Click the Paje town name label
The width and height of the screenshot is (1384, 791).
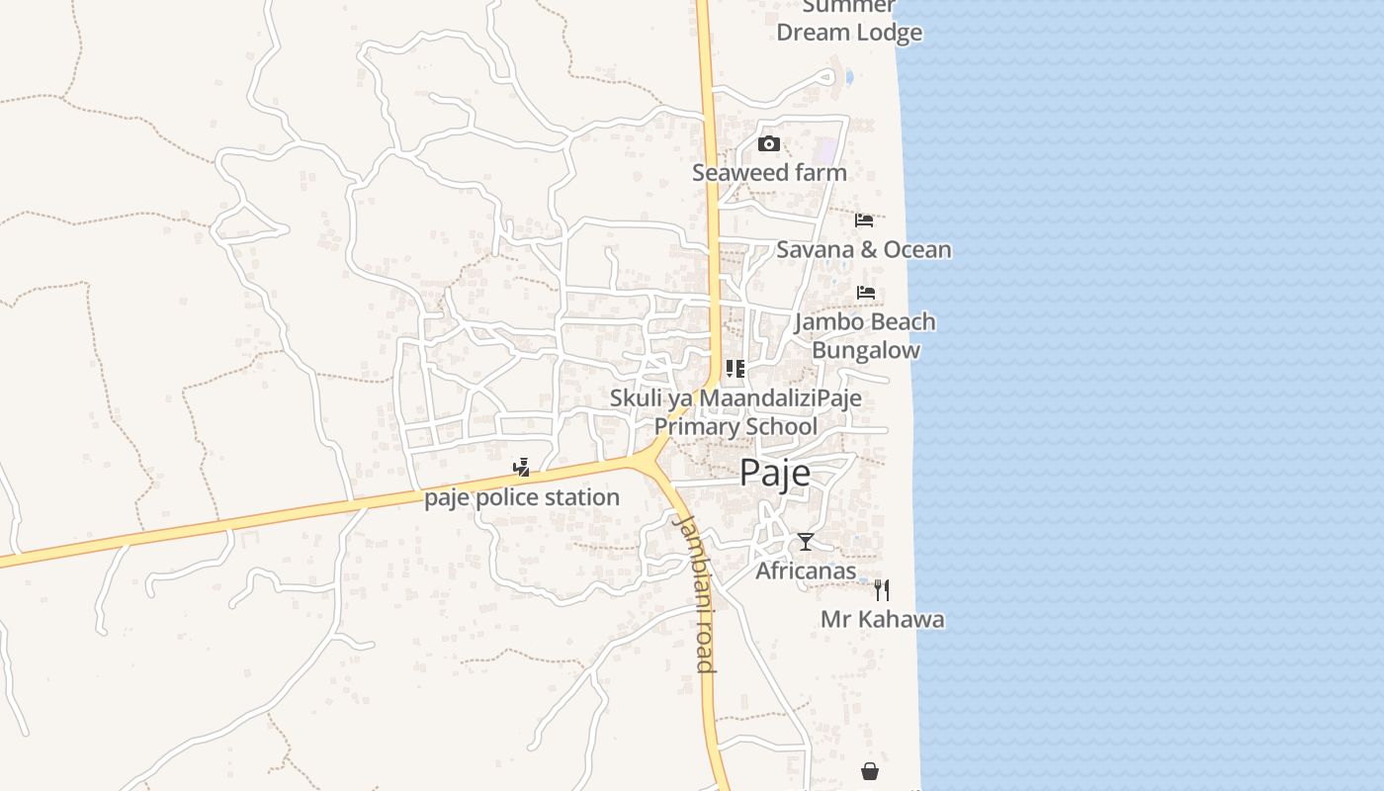[x=775, y=473]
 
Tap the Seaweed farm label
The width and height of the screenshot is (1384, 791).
[x=769, y=172]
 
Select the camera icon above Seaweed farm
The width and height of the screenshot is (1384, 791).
[x=768, y=144]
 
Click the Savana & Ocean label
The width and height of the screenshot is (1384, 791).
[x=863, y=249]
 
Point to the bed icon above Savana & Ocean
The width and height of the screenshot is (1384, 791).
[x=864, y=220]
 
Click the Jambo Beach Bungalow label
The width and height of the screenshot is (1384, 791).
[x=865, y=335]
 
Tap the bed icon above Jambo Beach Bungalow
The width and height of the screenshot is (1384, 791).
[x=866, y=293]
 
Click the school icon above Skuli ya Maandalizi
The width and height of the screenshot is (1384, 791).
[x=735, y=369]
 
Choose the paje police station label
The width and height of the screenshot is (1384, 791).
[x=522, y=497]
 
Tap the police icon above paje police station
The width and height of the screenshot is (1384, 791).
[x=521, y=468]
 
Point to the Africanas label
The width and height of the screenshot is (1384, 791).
[x=806, y=571]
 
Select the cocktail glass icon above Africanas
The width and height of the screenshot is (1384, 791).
[x=806, y=542]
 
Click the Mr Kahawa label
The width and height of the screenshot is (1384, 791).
[x=882, y=620]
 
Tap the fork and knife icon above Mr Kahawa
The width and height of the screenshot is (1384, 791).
[x=882, y=590]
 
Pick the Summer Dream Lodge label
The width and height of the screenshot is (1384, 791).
[x=849, y=20]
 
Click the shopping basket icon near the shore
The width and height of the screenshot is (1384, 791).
[x=870, y=770]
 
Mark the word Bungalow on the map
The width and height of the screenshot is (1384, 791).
[x=866, y=350]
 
